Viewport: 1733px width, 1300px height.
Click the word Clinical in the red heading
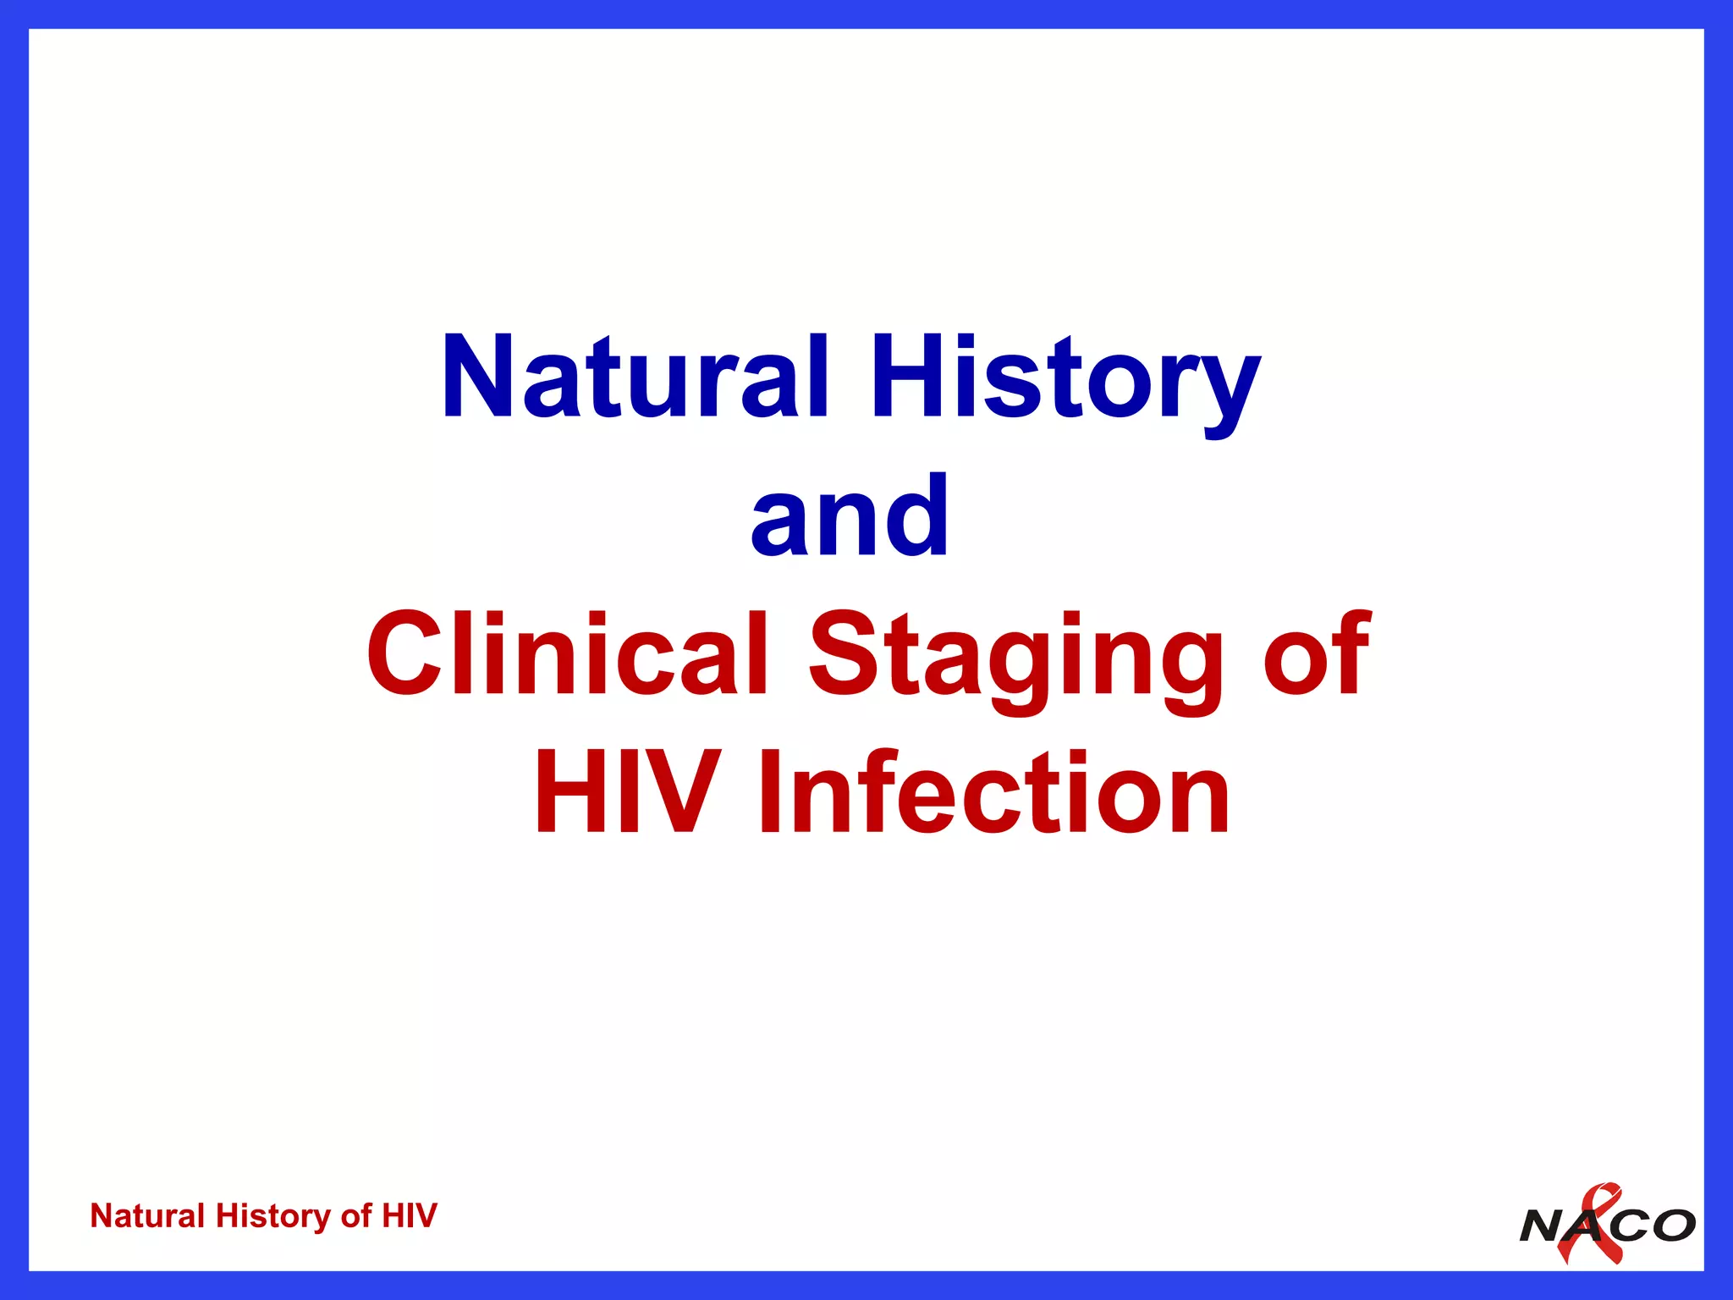coord(569,653)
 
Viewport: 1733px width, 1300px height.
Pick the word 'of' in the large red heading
coord(1316,654)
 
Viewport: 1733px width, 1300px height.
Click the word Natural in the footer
coord(148,1216)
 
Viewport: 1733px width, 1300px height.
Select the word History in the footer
coord(273,1217)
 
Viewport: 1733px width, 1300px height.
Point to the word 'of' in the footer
coord(355,1216)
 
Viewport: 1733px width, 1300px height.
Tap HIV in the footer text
coord(410,1216)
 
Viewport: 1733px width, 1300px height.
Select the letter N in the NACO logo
coord(1543,1226)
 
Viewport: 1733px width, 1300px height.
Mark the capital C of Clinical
coord(400,653)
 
